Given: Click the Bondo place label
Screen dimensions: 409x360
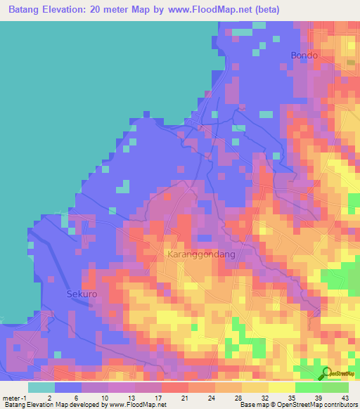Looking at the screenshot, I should tap(304, 56).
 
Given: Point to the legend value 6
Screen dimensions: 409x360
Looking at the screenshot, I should tap(76, 397).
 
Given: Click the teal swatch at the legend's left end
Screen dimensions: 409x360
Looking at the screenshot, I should tap(41, 387).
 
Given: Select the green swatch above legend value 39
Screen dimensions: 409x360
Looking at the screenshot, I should tap(309, 387).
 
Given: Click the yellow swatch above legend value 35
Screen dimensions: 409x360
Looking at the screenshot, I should tap(282, 387).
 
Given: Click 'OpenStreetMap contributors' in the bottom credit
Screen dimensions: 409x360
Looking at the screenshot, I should tap(318, 405).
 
